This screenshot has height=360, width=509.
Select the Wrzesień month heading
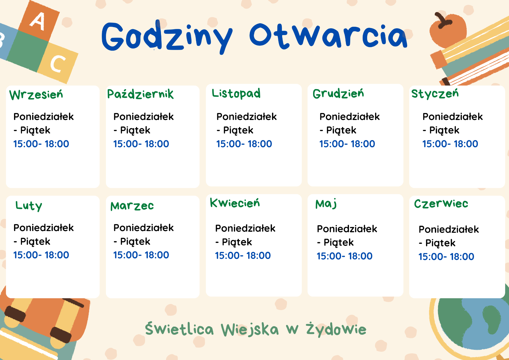[x=36, y=95]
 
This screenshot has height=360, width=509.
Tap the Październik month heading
[x=140, y=94]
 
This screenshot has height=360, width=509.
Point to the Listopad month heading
[x=236, y=94]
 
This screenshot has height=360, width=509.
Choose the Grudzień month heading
[x=338, y=94]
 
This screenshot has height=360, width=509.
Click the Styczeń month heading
[x=435, y=94]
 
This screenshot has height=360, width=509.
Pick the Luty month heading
[x=29, y=206]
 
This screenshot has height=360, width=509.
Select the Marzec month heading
[x=132, y=206]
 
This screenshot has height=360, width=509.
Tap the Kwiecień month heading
[x=235, y=203]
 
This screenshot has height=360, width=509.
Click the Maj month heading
[x=326, y=204]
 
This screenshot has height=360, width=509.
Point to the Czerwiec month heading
[x=441, y=203]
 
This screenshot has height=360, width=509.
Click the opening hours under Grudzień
[x=347, y=144]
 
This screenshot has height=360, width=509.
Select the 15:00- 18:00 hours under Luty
[x=41, y=255]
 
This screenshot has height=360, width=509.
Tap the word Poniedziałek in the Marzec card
[x=143, y=228]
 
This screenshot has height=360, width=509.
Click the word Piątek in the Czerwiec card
[x=440, y=243]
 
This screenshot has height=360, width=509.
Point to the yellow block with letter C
[x=58, y=63]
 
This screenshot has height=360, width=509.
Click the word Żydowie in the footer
[x=336, y=329]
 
